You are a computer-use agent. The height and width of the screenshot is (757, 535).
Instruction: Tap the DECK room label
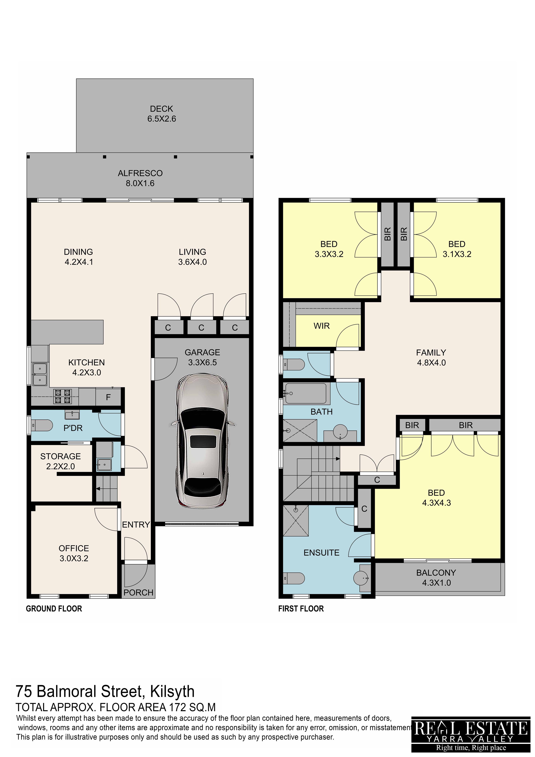[162, 109]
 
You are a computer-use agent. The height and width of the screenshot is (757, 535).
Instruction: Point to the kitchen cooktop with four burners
[63, 397]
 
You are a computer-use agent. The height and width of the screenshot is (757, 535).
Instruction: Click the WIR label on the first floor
[322, 326]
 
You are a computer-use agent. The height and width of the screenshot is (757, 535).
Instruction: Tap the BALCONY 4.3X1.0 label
[436, 578]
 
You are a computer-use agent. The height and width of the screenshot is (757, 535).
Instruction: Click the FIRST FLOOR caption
[301, 609]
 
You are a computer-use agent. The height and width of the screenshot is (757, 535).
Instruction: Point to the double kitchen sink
[40, 374]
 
